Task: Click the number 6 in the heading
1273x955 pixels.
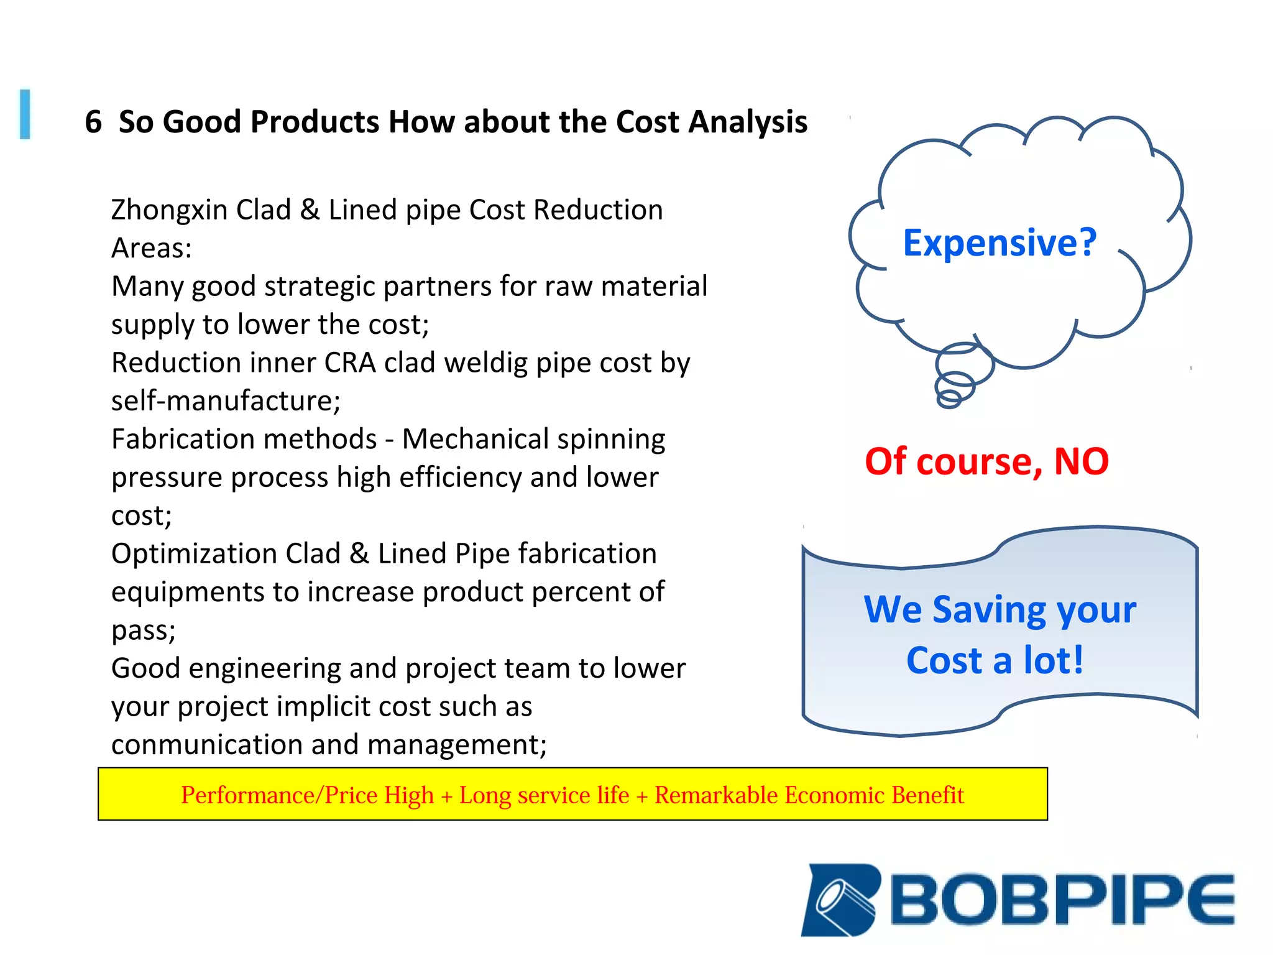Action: coord(93,121)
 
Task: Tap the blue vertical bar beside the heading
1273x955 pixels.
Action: coord(25,114)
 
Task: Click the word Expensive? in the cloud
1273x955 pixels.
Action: coord(1000,242)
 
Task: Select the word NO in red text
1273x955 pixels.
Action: coord(1081,461)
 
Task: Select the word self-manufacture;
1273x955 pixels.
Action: coord(226,401)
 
